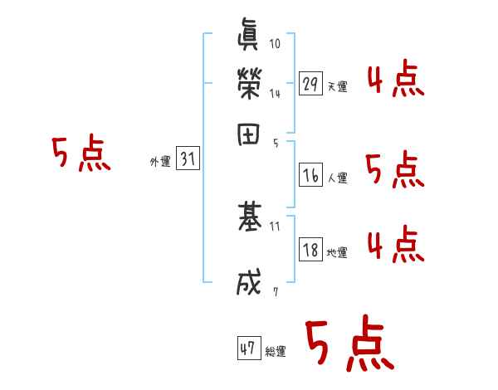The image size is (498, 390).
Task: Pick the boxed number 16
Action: [311, 176]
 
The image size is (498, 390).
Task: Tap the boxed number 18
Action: [311, 250]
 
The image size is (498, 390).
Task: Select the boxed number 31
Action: [188, 161]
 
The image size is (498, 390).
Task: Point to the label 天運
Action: [338, 86]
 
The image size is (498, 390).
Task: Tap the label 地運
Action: [338, 252]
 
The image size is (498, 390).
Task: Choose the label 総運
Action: [276, 352]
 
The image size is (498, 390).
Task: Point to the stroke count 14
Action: [275, 94]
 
